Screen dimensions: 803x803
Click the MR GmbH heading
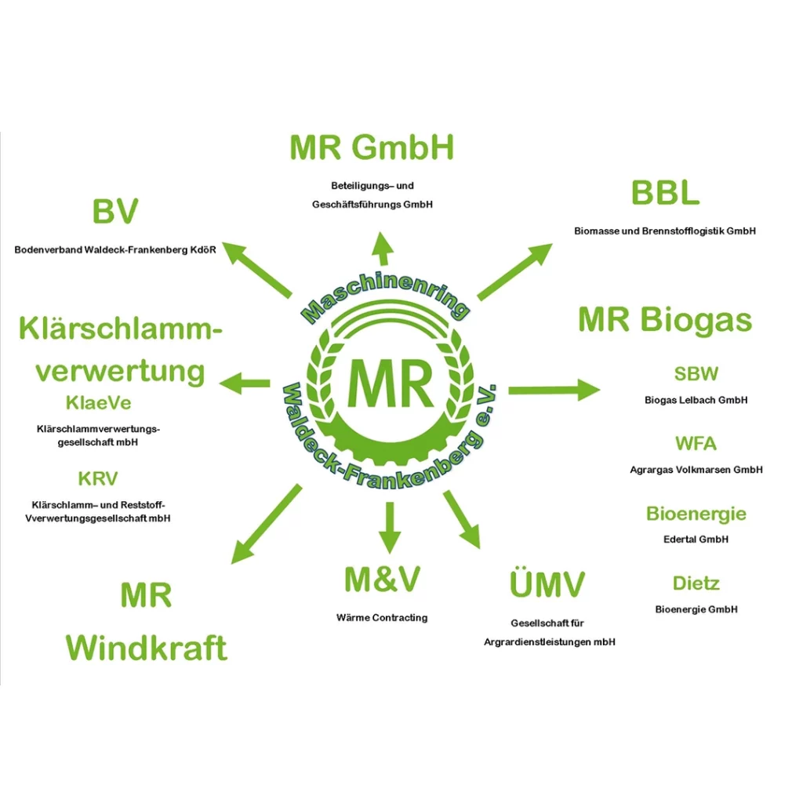(372, 147)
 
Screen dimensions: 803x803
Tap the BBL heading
(665, 193)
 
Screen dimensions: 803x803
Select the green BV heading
(115, 212)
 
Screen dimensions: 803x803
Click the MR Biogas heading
(665, 320)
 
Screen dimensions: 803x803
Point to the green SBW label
(696, 374)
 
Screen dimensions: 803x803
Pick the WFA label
(696, 444)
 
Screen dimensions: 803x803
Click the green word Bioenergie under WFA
(696, 514)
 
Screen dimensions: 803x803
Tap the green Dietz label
(696, 583)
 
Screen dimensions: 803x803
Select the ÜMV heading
(547, 585)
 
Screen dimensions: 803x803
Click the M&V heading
(382, 580)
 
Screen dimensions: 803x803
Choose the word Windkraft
(147, 649)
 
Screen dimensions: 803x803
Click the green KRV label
(98, 478)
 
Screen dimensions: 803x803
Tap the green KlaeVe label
(98, 404)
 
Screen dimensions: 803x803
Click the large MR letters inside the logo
(390, 383)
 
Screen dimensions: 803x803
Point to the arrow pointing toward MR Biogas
(554, 390)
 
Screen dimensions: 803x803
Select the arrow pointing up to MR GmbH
(383, 249)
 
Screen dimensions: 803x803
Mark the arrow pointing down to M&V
(389, 527)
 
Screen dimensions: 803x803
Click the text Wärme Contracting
(382, 618)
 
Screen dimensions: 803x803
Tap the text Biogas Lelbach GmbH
(696, 400)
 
